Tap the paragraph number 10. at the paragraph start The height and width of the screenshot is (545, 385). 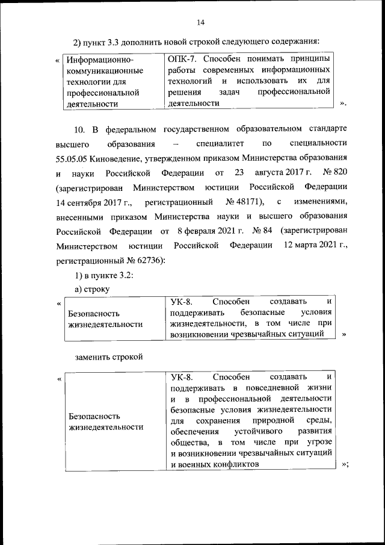tap(81, 130)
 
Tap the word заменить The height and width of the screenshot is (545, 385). tap(91, 357)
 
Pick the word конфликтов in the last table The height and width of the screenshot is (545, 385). tap(234, 464)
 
